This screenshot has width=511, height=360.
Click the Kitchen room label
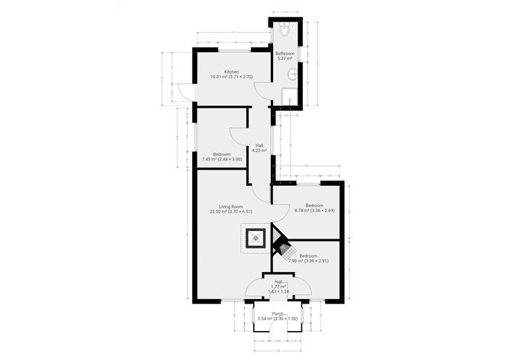[220, 72]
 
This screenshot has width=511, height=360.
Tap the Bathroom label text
[285, 54]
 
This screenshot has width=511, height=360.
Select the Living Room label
[231, 206]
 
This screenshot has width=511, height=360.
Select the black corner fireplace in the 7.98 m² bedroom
[281, 247]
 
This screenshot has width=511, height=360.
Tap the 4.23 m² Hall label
[259, 151]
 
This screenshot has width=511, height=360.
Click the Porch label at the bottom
[277, 314]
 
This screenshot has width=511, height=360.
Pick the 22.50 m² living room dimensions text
[231, 212]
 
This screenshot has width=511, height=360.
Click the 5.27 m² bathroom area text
[285, 59]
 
